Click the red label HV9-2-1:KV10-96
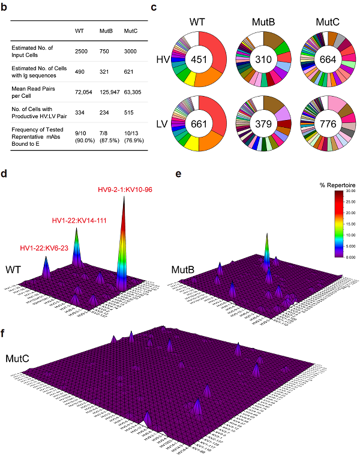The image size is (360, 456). [x=125, y=190]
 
